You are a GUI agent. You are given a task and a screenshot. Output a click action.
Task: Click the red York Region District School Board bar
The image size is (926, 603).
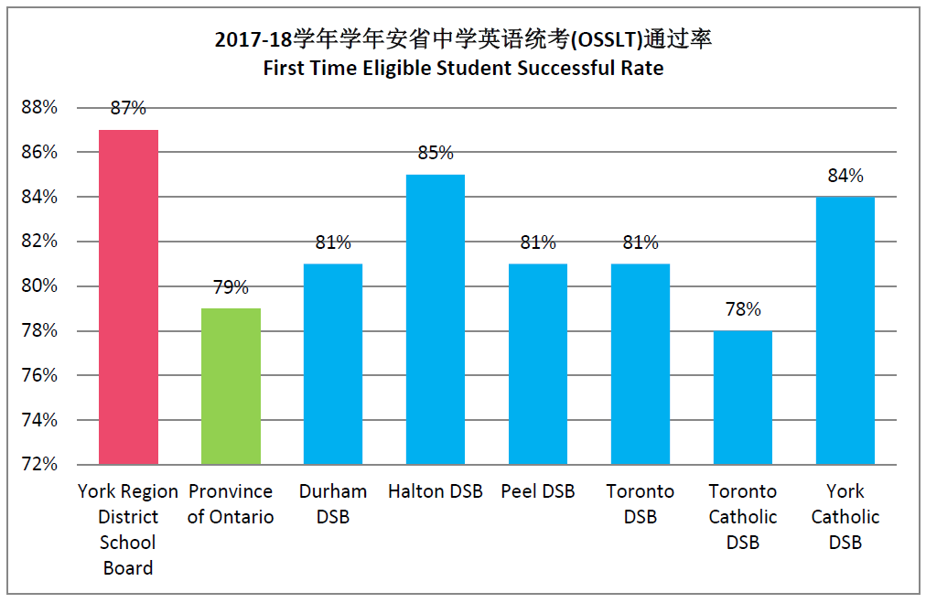click(128, 297)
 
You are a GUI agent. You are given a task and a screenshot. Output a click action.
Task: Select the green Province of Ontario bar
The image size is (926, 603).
click(231, 386)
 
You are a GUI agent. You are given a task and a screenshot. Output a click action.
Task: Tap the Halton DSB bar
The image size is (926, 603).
click(436, 319)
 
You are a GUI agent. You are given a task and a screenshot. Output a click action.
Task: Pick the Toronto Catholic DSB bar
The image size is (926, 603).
click(743, 397)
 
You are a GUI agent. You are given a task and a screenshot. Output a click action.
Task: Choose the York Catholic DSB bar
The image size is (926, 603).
click(845, 330)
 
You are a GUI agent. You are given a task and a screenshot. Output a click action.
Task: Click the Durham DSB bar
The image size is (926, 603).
click(333, 364)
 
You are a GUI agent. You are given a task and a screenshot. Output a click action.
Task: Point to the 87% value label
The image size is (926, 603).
click(128, 108)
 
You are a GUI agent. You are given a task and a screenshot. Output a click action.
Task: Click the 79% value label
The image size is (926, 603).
click(231, 287)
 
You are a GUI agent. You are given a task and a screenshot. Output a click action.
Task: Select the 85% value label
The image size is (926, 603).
click(436, 153)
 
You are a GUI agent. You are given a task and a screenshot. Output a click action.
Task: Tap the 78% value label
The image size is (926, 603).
click(743, 309)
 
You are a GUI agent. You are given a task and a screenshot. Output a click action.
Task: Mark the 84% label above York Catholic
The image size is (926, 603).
click(845, 176)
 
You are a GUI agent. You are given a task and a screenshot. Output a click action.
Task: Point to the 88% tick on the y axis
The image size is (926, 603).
click(39, 108)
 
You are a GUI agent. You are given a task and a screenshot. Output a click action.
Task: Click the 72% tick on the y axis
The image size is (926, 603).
click(39, 464)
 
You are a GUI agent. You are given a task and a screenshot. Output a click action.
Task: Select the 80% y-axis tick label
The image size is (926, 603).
click(39, 286)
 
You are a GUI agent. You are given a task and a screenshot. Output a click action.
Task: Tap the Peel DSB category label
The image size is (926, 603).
click(538, 491)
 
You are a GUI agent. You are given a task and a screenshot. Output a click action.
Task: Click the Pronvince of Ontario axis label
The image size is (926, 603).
click(231, 504)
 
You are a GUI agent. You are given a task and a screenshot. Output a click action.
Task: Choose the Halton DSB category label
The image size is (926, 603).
click(436, 491)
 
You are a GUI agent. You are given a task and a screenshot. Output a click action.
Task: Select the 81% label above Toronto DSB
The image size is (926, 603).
click(641, 242)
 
